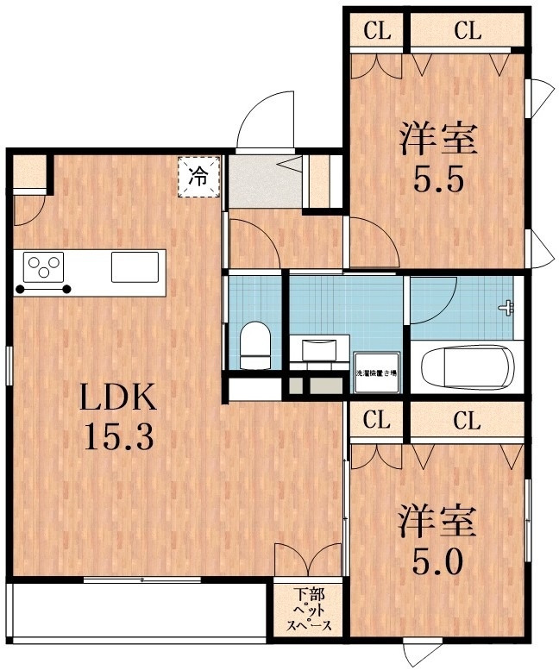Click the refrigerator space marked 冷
pyautogui.click(x=199, y=178)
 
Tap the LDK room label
pyautogui.click(x=118, y=398)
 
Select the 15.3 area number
pyautogui.click(x=118, y=437)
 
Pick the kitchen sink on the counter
pyautogui.click(x=135, y=266)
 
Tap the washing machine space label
pyautogui.click(x=377, y=373)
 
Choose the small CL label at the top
pyautogui.click(x=376, y=32)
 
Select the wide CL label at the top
pyautogui.click(x=466, y=32)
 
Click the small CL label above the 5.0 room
pyautogui.click(x=376, y=422)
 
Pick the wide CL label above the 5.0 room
pyautogui.click(x=466, y=422)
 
